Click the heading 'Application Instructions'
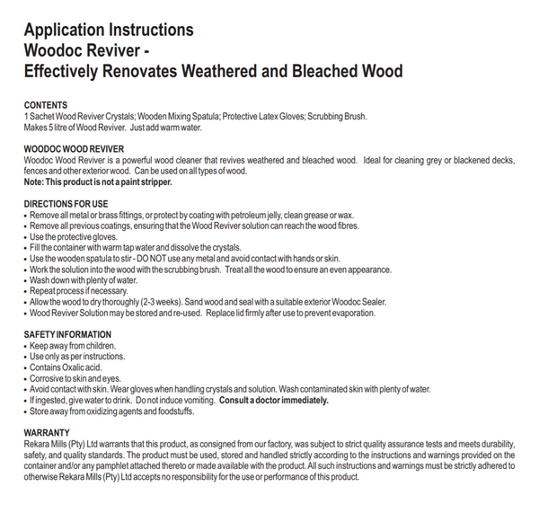(108, 31)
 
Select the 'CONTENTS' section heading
(46, 106)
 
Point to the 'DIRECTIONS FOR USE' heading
(66, 204)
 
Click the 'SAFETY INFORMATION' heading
(67, 334)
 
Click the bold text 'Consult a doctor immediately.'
(272, 401)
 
